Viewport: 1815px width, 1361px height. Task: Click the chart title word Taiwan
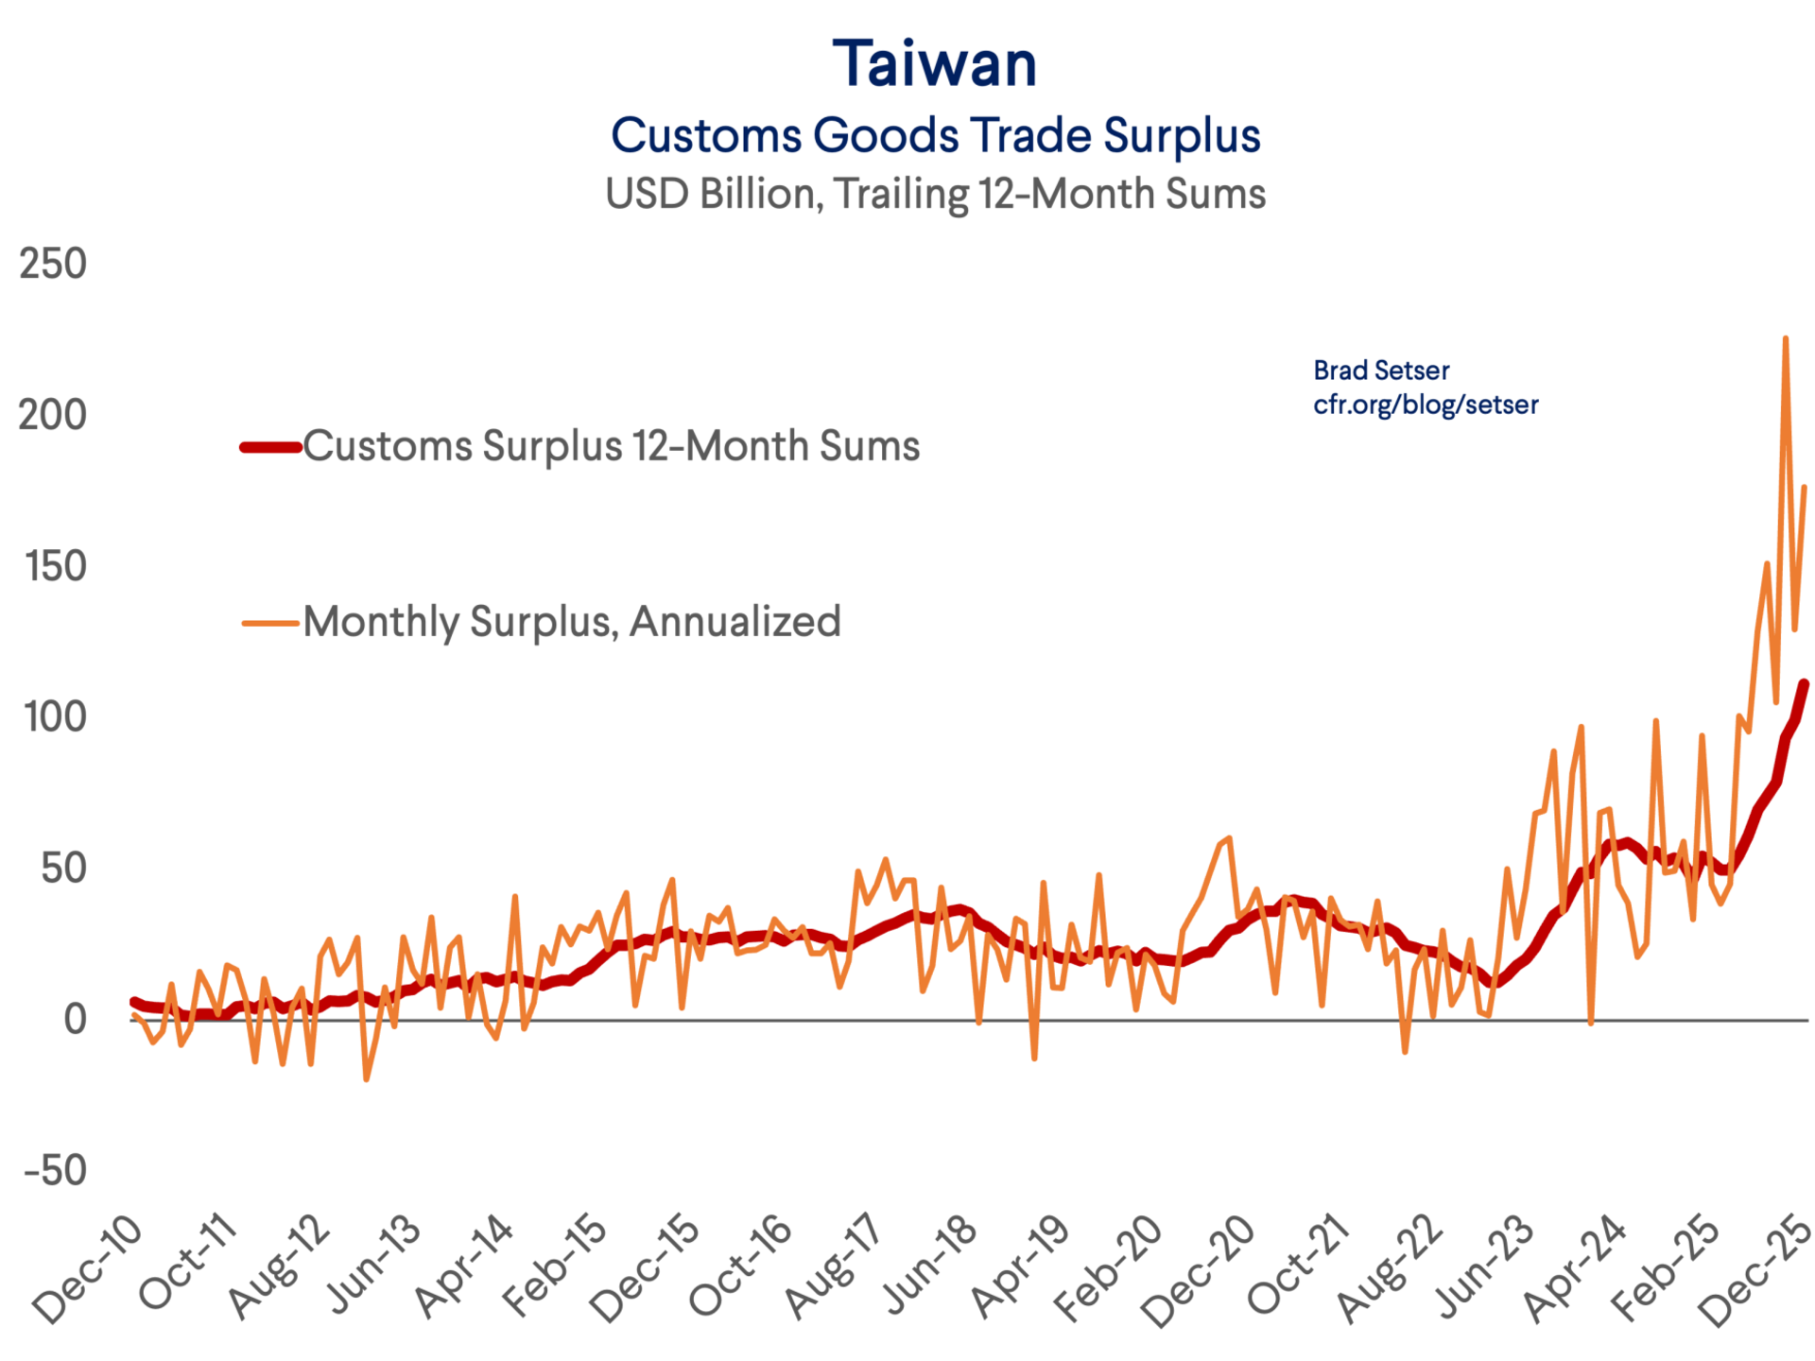[934, 64]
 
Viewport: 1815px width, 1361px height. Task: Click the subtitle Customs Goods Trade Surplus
[935, 135]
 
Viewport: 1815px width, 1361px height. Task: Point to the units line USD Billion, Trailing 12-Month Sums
[935, 194]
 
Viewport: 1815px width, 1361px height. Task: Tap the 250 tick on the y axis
[53, 264]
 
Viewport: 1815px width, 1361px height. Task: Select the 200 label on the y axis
[53, 415]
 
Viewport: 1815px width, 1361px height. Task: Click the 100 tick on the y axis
[55, 717]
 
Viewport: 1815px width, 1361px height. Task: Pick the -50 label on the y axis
[55, 1171]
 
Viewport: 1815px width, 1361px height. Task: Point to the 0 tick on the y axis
[75, 1020]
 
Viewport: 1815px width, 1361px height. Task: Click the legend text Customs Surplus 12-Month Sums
[611, 446]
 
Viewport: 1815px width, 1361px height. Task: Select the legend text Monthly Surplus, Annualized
[572, 622]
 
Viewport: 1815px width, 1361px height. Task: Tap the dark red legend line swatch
[270, 447]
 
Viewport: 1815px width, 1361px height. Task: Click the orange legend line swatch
[270, 623]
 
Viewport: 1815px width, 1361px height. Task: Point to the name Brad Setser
[1381, 370]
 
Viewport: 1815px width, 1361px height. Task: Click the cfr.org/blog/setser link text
[1426, 405]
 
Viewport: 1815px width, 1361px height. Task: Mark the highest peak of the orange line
[1785, 337]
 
